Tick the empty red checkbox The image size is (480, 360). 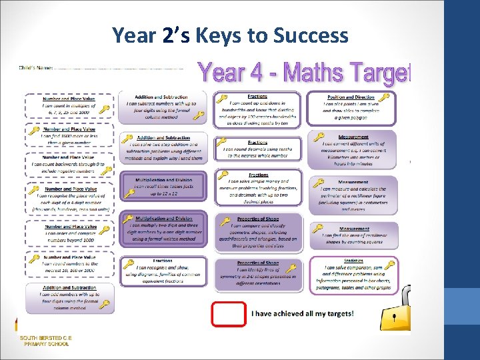pyautogui.click(x=228, y=313)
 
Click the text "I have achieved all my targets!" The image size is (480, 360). pyautogui.click(x=302, y=313)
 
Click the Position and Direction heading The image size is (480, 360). pyautogui.click(x=351, y=97)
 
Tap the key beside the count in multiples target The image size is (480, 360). pyautogui.click(x=104, y=110)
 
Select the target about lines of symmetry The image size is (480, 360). pyautogui.click(x=257, y=273)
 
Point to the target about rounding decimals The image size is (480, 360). pyautogui.click(x=257, y=151)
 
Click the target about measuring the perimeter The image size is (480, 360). pyautogui.click(x=353, y=195)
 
